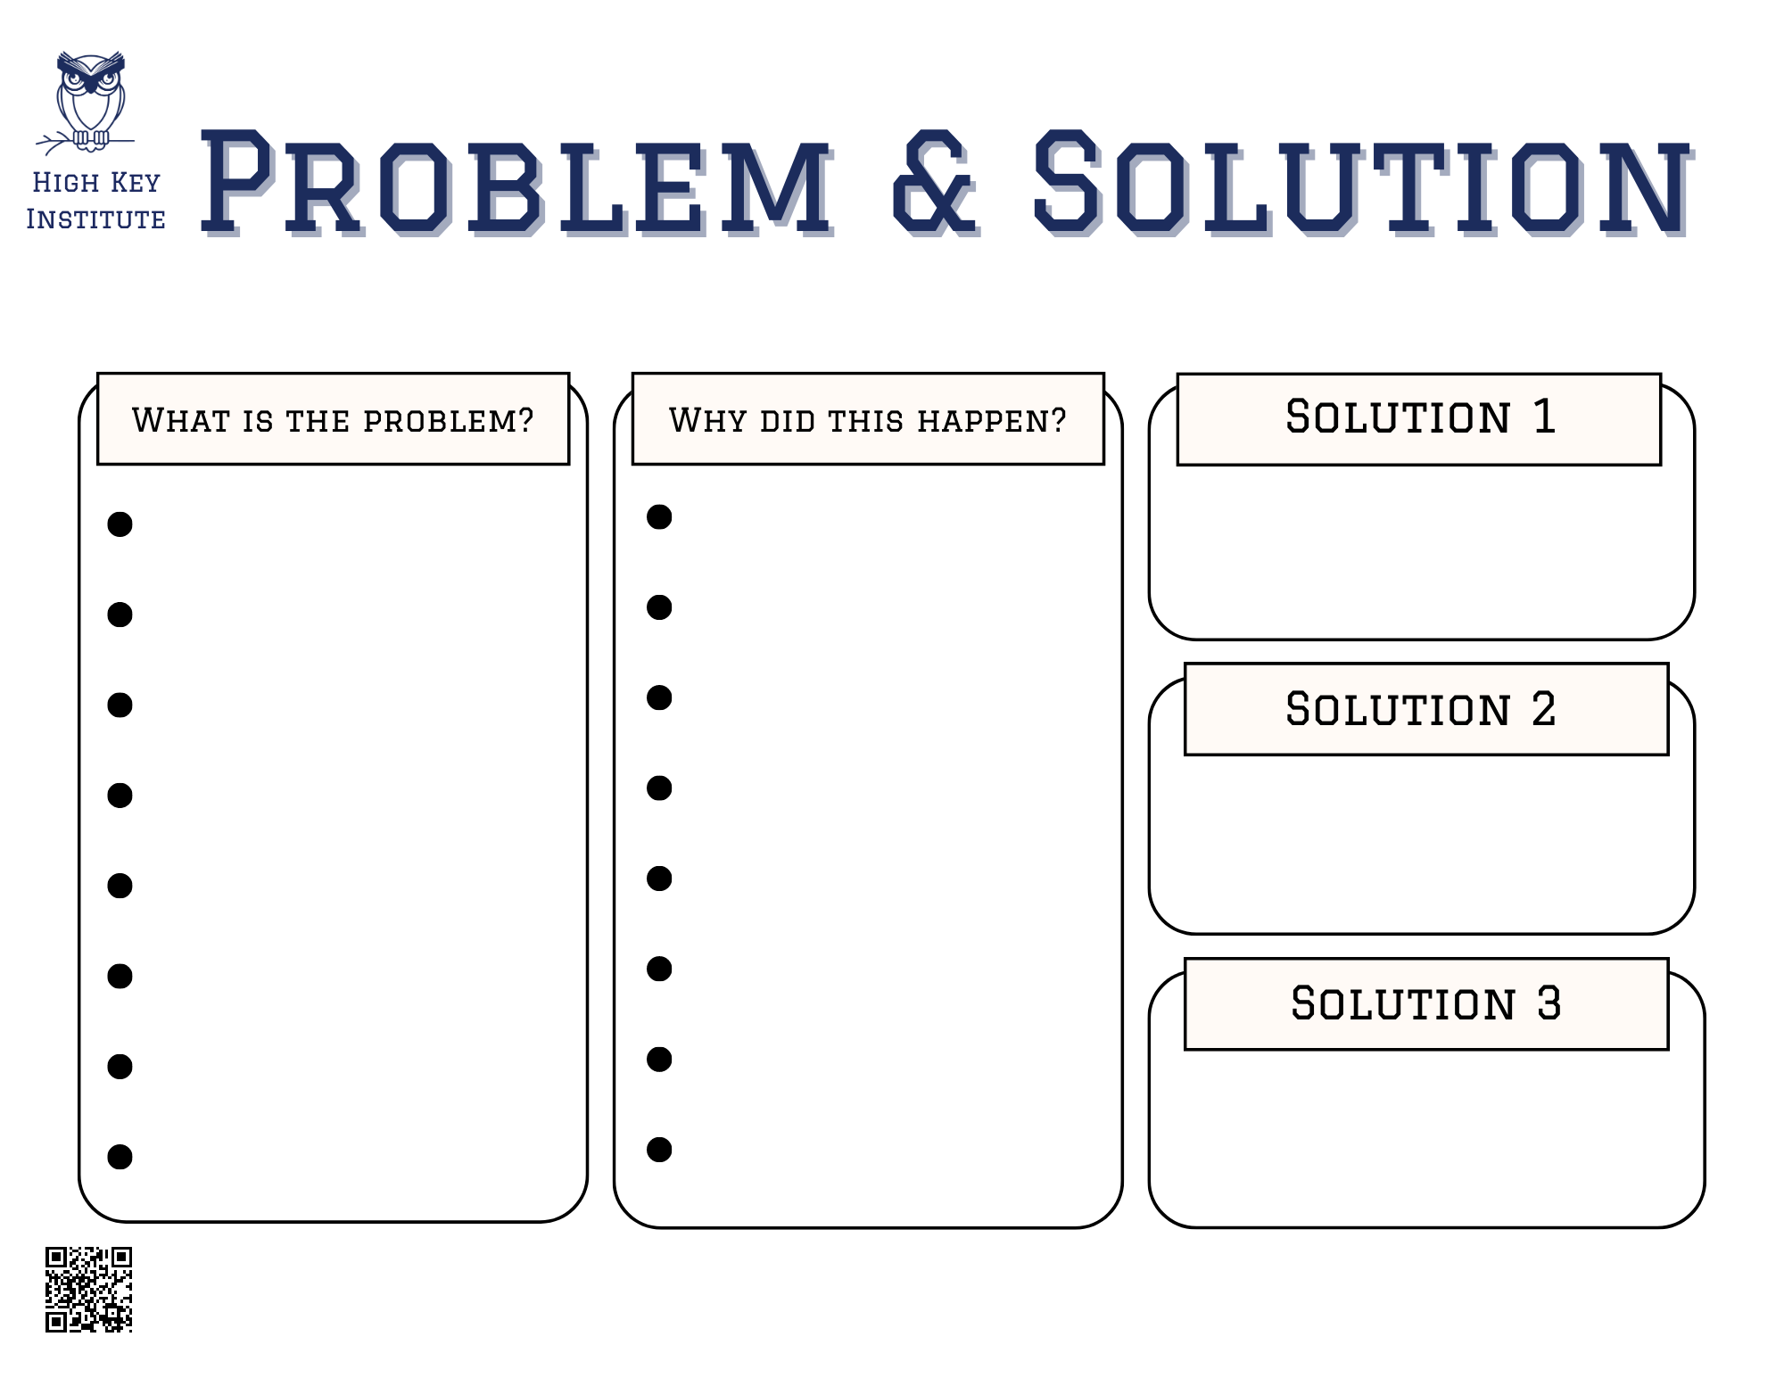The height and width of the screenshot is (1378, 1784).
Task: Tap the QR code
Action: pyautogui.click(x=88, y=1289)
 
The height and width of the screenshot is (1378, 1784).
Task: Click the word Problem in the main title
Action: pyautogui.click(x=516, y=183)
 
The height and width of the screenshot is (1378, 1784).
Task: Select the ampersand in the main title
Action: pyautogui.click(x=934, y=183)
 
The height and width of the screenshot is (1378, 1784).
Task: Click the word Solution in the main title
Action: pyautogui.click(x=1359, y=183)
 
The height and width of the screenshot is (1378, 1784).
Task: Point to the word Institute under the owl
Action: pyautogui.click(x=95, y=219)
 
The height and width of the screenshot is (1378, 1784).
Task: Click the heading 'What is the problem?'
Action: pyautogui.click(x=333, y=420)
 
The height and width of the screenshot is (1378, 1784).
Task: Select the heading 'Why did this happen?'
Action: pyautogui.click(x=868, y=420)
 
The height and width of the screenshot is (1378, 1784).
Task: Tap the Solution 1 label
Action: pyautogui.click(x=1420, y=417)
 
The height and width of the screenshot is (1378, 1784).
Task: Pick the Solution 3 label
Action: pyautogui.click(x=1425, y=1004)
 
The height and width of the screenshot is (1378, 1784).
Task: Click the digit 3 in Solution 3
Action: pyautogui.click(x=1549, y=1004)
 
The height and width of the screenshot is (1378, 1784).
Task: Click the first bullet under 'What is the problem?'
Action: pyautogui.click(x=120, y=524)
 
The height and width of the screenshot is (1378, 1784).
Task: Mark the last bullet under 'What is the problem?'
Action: pyautogui.click(x=120, y=1157)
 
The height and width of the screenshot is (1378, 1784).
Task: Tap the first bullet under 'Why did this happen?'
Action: pyautogui.click(x=659, y=517)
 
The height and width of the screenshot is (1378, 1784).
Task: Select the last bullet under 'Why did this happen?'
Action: pyautogui.click(x=659, y=1150)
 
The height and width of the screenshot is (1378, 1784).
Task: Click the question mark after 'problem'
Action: pyautogui.click(x=525, y=419)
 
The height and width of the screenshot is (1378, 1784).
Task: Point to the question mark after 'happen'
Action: pyautogui.click(x=1059, y=419)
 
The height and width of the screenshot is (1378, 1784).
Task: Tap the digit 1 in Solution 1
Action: pyautogui.click(x=1544, y=417)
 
